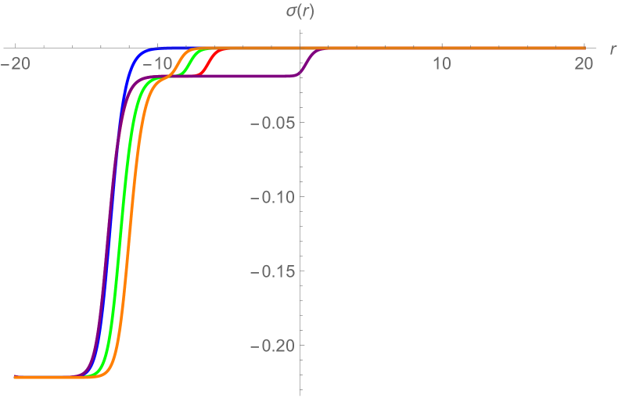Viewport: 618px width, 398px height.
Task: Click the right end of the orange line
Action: click(584, 48)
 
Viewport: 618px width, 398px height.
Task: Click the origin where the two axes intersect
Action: click(300, 48)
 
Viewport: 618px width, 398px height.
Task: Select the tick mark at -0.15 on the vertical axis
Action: click(302, 271)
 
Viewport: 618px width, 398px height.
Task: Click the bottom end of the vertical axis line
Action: click(300, 391)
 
